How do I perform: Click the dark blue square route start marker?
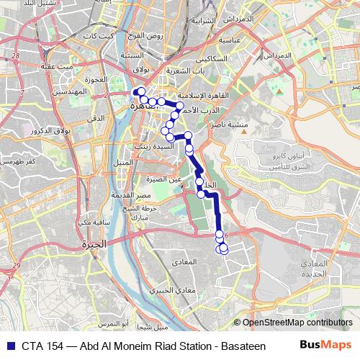(x=134, y=91)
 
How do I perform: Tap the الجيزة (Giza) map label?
(x=94, y=244)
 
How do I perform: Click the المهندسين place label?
(x=70, y=93)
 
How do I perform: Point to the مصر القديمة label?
(x=153, y=194)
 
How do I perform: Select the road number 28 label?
(x=16, y=55)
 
